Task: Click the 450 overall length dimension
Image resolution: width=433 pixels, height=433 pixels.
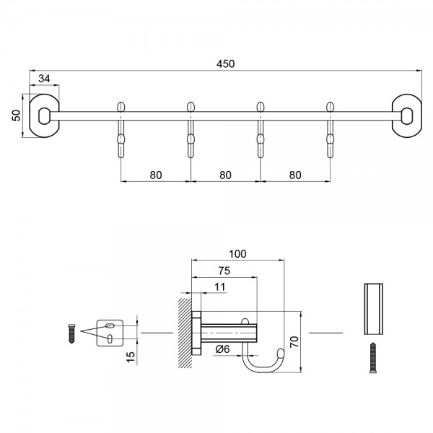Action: click(x=226, y=63)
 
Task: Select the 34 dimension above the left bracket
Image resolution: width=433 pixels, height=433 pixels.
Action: click(x=44, y=79)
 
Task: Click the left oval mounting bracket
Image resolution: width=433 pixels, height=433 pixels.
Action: click(x=45, y=113)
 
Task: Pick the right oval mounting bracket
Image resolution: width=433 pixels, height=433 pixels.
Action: click(x=407, y=113)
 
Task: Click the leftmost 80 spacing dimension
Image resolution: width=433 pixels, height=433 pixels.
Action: click(x=155, y=174)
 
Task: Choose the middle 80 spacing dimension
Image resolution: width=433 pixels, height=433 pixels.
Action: click(x=225, y=174)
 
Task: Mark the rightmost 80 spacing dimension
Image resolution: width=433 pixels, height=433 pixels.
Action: click(x=294, y=174)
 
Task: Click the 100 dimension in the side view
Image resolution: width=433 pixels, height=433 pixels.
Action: click(x=237, y=253)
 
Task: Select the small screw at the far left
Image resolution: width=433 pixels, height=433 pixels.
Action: click(x=71, y=333)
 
